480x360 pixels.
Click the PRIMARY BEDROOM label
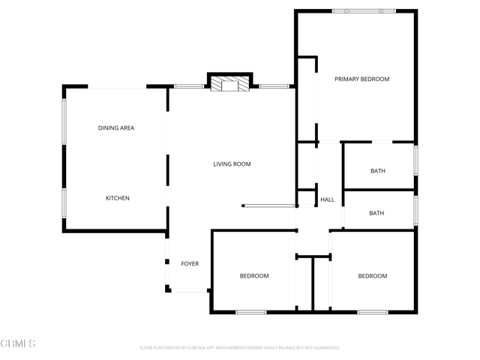pyautogui.click(x=361, y=79)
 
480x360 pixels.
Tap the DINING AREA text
pyautogui.click(x=116, y=128)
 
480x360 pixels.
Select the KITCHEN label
pyautogui.click(x=117, y=198)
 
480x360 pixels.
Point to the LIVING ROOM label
pyautogui.click(x=232, y=163)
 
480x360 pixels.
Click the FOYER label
pyautogui.click(x=190, y=264)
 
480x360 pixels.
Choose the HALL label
pyautogui.click(x=328, y=200)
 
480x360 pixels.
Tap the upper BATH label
pyautogui.click(x=378, y=171)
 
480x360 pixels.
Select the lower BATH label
pyautogui.click(x=376, y=213)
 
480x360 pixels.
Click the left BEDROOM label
pyautogui.click(x=254, y=276)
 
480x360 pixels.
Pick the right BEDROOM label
pyautogui.click(x=372, y=276)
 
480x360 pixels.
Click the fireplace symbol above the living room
pyautogui.click(x=229, y=84)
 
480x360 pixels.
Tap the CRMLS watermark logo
pyautogui.click(x=18, y=343)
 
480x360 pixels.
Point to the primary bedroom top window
pyautogui.click(x=364, y=11)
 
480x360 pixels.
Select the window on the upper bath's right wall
pyautogui.click(x=415, y=160)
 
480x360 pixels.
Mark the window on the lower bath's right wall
pyautogui.click(x=415, y=210)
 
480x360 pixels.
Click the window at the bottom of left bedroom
pyautogui.click(x=250, y=311)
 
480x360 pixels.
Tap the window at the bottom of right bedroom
pyautogui.click(x=372, y=311)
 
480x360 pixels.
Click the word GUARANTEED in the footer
pyautogui.click(x=324, y=348)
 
